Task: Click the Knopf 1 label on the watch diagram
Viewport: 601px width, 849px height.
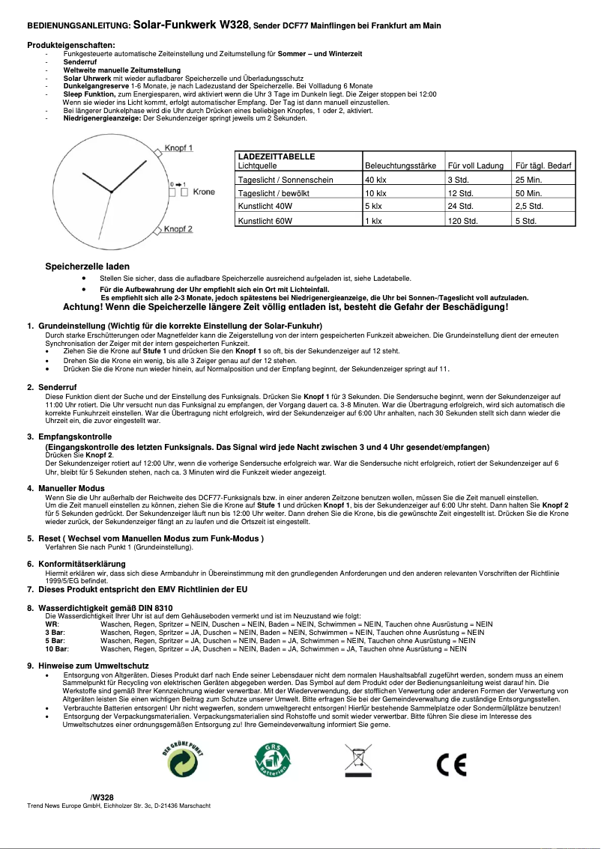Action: pos(178,148)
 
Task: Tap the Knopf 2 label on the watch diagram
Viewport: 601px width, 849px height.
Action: pos(178,228)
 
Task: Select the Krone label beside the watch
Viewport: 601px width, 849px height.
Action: pos(203,192)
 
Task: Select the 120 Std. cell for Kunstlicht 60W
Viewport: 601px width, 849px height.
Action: pos(462,222)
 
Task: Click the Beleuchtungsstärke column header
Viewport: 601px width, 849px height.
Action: pos(400,165)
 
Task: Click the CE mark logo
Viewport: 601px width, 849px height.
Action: pos(451,764)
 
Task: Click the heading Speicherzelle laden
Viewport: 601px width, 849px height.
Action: pos(87,267)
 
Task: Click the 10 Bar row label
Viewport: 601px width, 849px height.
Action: pos(56,649)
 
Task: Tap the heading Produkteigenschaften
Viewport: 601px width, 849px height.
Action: pos(70,46)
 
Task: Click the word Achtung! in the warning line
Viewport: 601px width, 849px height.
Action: pos(84,307)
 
